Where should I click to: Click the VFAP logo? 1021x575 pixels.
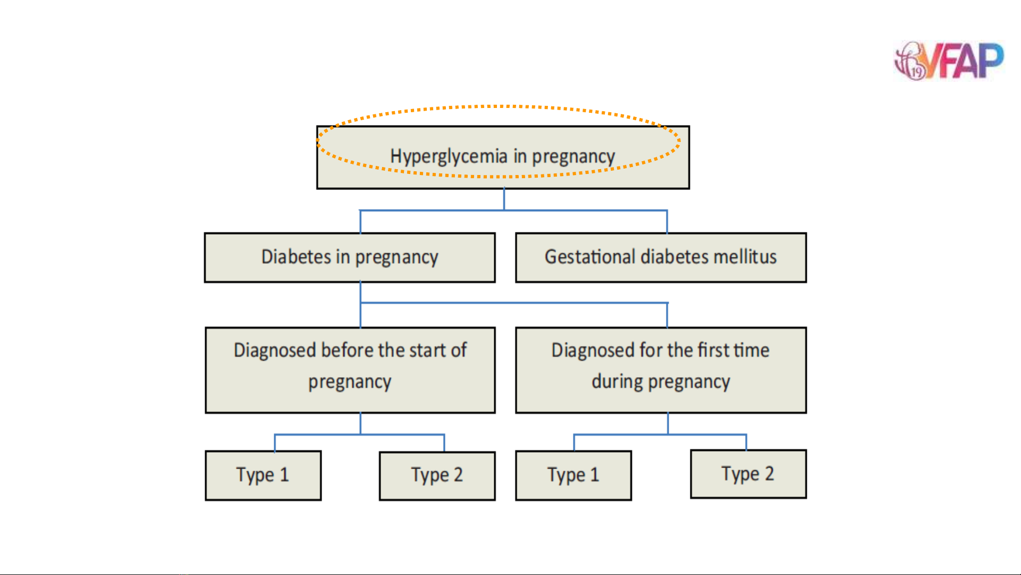pos(949,61)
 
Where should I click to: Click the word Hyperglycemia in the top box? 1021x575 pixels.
pos(449,157)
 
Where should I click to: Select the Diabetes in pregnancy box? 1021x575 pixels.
pos(350,257)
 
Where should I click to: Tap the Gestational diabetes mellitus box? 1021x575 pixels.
pos(661,257)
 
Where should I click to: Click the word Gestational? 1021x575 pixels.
pos(590,256)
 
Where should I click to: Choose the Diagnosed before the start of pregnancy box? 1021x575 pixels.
pos(350,370)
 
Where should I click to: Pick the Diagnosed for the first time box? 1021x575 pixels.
pos(661,370)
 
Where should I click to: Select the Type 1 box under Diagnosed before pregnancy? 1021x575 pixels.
pos(263,476)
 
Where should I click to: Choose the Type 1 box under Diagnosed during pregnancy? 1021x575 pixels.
pos(573,476)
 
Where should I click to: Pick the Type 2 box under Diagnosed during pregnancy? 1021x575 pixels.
pos(748,474)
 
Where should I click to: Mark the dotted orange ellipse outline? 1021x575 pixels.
pos(499,106)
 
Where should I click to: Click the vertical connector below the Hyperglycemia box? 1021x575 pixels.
pos(504,199)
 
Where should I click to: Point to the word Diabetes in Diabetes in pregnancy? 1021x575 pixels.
pos(296,256)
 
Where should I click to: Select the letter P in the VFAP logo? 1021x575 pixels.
pos(990,60)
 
